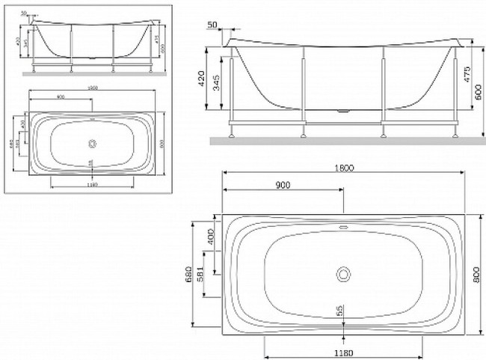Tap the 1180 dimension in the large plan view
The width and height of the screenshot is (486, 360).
click(x=342, y=350)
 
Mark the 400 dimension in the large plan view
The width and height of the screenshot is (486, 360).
click(x=212, y=237)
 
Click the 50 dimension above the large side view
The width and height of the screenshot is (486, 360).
click(x=212, y=25)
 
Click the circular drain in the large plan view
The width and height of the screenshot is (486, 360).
click(x=343, y=274)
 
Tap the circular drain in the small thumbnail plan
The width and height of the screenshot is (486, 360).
click(x=92, y=143)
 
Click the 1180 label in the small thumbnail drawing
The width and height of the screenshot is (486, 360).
click(x=91, y=184)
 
